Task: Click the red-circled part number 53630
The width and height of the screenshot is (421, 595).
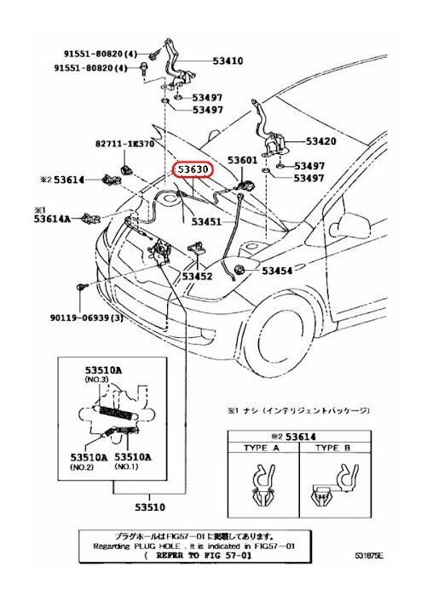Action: point(193,169)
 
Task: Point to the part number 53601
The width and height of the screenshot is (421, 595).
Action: point(242,160)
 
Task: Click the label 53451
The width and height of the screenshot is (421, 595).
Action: point(206,221)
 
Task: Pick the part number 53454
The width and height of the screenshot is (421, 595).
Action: point(277,271)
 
